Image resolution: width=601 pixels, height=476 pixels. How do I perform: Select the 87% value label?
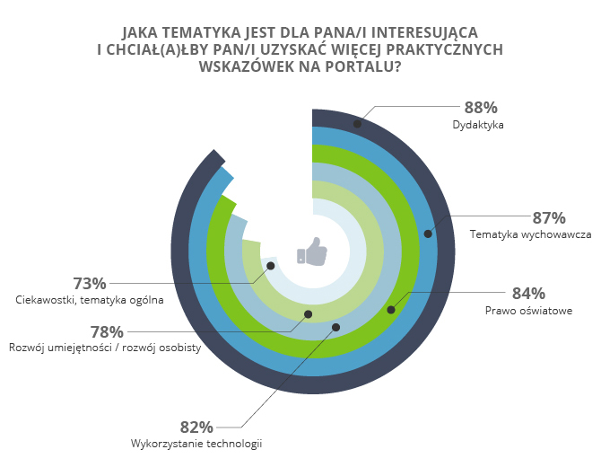(548, 217)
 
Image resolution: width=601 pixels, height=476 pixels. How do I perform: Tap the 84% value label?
(528, 293)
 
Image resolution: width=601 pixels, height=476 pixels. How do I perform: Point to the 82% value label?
(196, 427)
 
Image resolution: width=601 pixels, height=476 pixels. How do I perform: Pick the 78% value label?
(106, 331)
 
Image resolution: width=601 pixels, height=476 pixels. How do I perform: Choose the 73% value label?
(89, 283)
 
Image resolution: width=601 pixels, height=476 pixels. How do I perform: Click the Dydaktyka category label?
(478, 126)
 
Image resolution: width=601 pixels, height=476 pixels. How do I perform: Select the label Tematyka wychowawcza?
(530, 235)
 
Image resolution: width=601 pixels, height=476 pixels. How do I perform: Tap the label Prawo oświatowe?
(528, 311)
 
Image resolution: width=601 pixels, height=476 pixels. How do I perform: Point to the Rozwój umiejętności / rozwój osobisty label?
(105, 348)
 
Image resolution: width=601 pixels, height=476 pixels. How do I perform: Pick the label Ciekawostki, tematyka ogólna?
(90, 300)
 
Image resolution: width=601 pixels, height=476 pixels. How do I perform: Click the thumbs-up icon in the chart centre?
(312, 251)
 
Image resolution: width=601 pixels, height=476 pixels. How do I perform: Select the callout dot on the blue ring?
(428, 234)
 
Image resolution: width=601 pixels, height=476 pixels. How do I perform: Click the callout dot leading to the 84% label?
(390, 310)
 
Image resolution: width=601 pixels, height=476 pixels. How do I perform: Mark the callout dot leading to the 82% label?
(335, 327)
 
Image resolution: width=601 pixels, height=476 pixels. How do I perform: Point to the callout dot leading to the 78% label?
(308, 314)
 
